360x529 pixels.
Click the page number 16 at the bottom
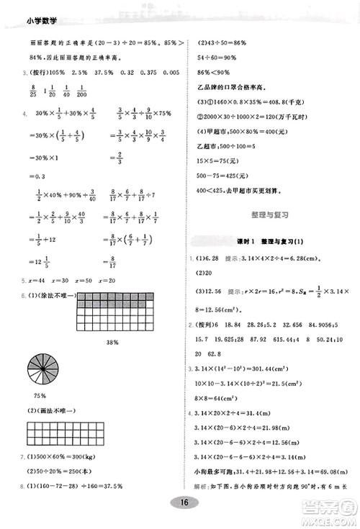(x=184, y=503)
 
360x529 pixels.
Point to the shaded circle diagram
(x=42, y=371)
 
